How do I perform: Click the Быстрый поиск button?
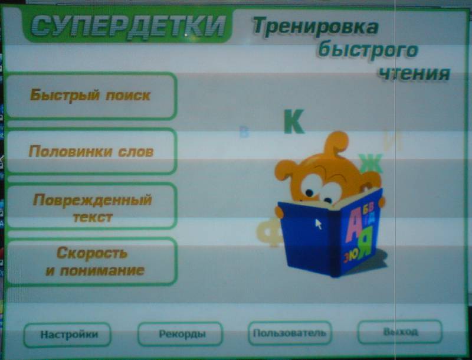click(90, 96)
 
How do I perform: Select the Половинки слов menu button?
click(90, 151)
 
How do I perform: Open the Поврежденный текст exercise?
click(91, 207)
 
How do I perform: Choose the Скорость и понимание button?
click(92, 261)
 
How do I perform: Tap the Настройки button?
click(67, 335)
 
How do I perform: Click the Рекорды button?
click(181, 334)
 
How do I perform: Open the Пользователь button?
click(290, 333)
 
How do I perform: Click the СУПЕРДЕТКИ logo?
click(127, 26)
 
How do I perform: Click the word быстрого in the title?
click(368, 50)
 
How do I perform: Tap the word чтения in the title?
click(415, 73)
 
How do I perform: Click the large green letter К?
click(294, 122)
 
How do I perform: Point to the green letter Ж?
click(371, 163)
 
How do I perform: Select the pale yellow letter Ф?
click(269, 233)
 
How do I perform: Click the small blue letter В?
click(244, 132)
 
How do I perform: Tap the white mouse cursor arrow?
click(319, 224)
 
